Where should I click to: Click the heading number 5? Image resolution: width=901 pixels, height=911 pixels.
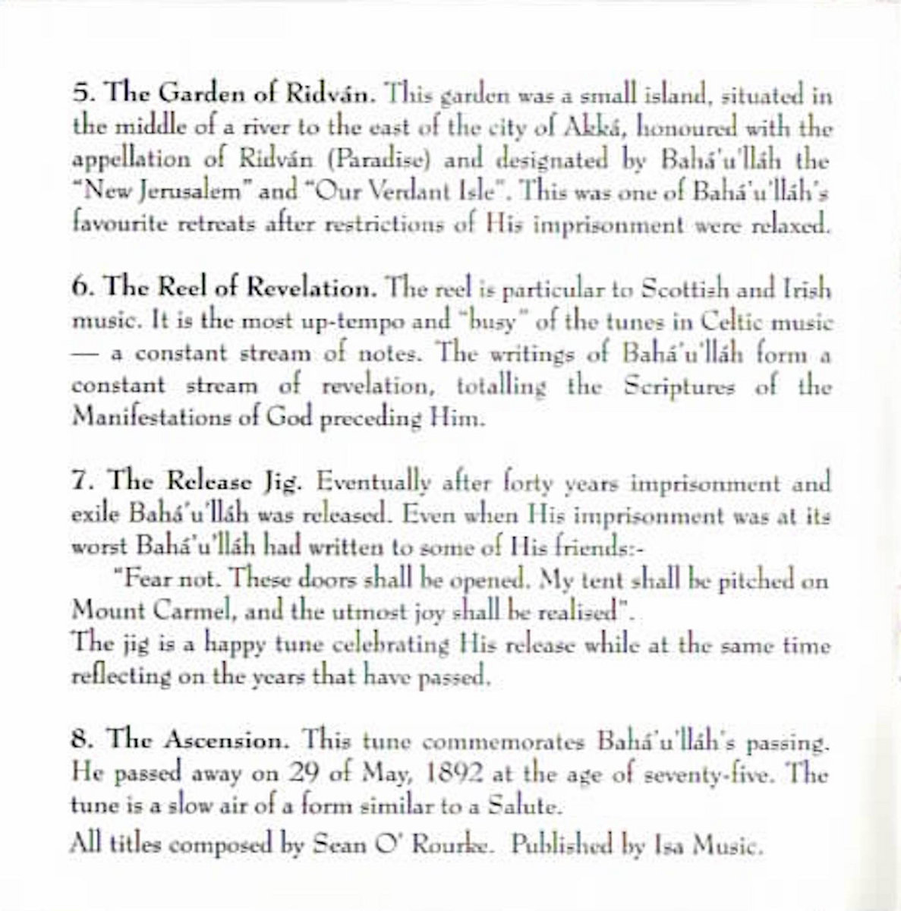80,96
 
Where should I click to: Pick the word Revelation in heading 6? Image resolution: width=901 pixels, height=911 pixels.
313,290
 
